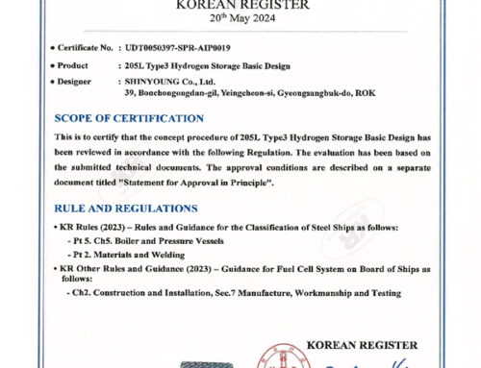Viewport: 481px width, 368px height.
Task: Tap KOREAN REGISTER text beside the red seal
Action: pos(361,344)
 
